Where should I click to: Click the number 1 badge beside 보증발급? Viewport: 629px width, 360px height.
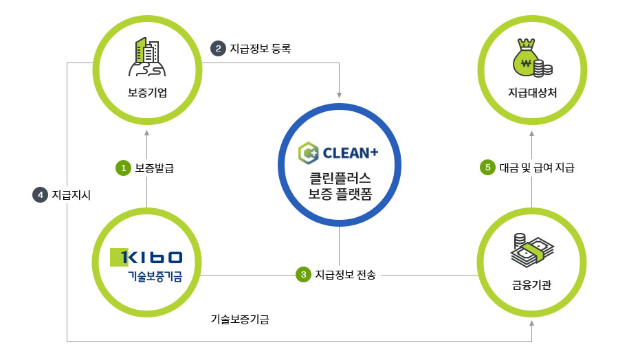pos(123,167)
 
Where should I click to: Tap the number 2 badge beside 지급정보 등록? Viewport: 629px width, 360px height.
pos(218,48)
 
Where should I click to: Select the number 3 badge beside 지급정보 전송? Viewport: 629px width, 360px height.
pos(303,275)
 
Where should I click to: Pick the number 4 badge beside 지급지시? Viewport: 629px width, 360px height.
pos(41,195)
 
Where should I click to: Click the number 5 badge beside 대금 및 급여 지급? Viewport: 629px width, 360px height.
pos(487,167)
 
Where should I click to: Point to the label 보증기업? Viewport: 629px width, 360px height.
pos(147,93)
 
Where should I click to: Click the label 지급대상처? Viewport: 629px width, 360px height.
pos(531,93)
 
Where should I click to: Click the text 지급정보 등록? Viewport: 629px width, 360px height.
pos(261,48)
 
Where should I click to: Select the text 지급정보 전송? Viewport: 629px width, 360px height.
pos(346,275)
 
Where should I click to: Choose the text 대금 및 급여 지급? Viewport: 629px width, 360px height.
pos(537,167)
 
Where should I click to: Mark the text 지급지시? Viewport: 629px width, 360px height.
pos(71,195)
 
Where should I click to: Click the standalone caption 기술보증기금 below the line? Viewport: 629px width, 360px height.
pos(240,319)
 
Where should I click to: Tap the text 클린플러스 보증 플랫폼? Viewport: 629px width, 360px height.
pos(340,186)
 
